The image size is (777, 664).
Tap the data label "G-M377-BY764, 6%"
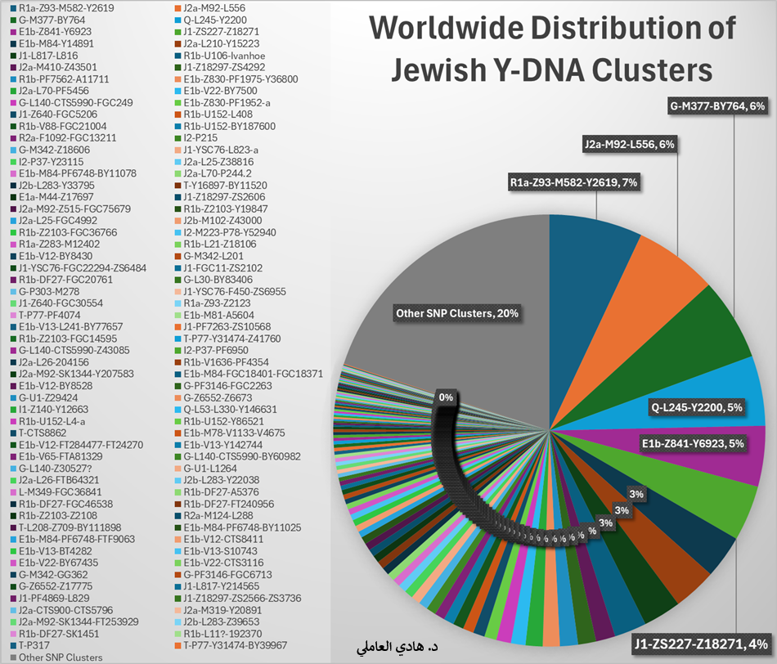click(x=716, y=106)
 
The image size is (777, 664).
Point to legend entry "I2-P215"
click(x=200, y=138)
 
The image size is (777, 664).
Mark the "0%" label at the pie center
click(x=446, y=397)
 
